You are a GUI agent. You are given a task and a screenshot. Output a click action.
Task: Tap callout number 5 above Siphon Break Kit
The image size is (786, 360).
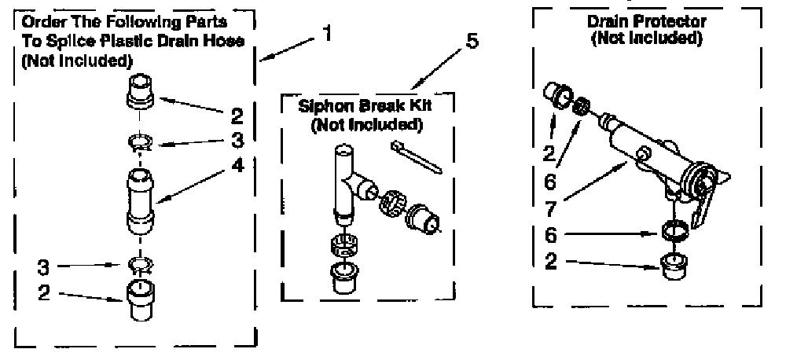(472, 42)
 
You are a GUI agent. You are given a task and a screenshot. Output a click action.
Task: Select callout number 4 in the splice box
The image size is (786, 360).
(238, 165)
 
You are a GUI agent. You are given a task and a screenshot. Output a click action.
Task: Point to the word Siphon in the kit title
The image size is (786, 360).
(321, 108)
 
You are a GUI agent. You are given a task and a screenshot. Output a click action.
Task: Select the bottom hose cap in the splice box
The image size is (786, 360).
(139, 299)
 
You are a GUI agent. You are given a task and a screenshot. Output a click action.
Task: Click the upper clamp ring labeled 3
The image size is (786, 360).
(140, 143)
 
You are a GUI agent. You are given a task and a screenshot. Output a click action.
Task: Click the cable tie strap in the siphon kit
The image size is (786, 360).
(416, 157)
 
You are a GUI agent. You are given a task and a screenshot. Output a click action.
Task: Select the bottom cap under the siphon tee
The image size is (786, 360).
(343, 277)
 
